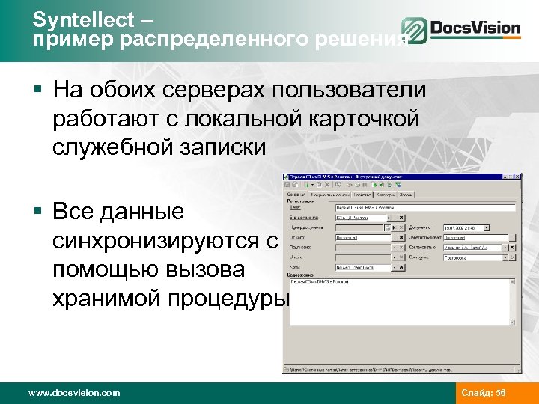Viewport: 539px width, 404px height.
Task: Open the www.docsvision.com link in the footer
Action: click(73, 392)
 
